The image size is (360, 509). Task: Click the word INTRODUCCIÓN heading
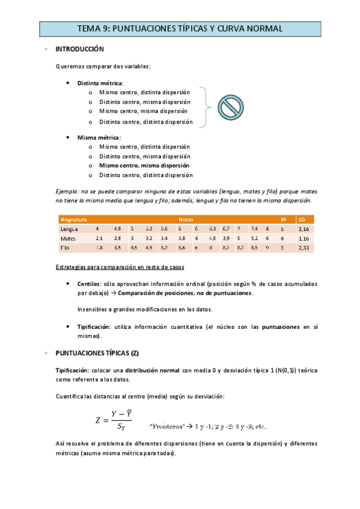pos(79,49)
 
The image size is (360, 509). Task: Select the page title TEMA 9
pos(180,28)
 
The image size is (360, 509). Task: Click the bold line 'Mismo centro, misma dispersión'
pos(144,166)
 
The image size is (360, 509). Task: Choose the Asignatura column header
pos(74,220)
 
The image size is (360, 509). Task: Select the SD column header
pos(302,220)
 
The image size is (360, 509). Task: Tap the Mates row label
pos(69,238)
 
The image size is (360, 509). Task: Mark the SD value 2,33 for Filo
pos(304,247)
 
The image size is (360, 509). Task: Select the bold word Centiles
pos(89,283)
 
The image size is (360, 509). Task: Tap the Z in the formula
pos(100,421)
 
